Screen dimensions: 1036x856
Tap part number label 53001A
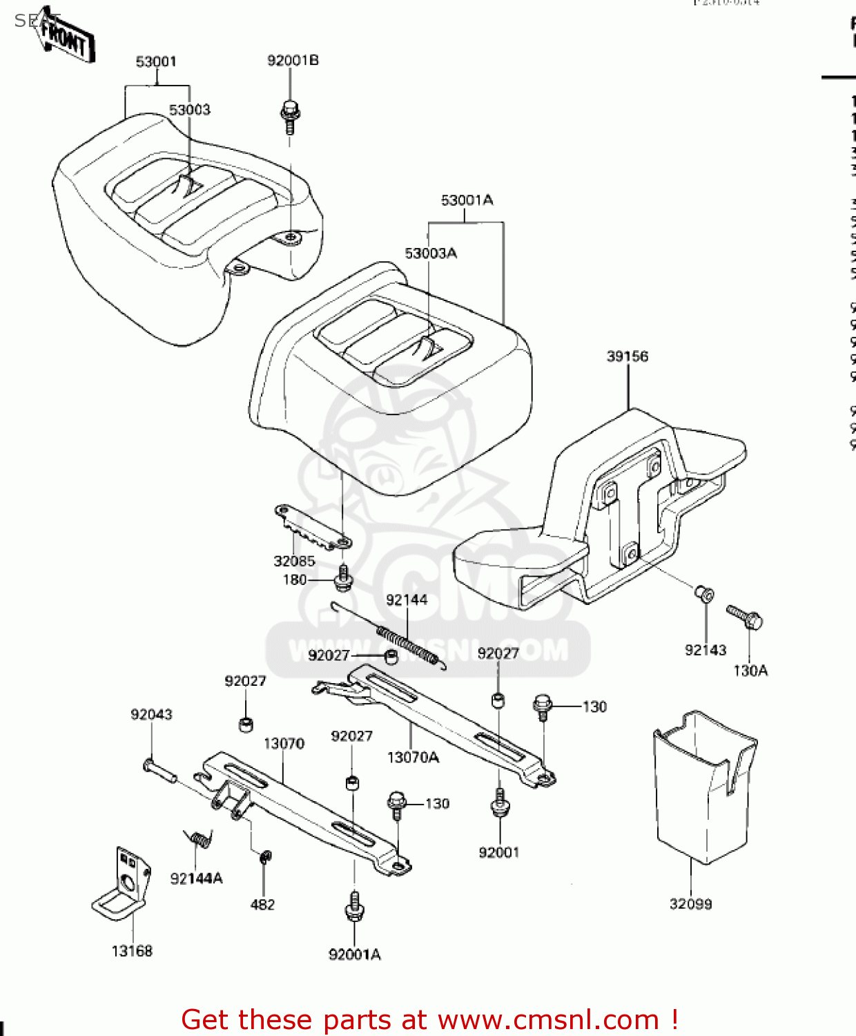(467, 200)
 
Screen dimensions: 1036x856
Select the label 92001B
(293, 61)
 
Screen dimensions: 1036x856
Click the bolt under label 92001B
(290, 117)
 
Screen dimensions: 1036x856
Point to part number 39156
(627, 356)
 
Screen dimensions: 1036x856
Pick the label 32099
(690, 904)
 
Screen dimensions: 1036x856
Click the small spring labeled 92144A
(200, 838)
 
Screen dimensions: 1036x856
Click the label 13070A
(413, 758)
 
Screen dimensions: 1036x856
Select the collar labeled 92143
(704, 593)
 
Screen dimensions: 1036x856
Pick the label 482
(262, 905)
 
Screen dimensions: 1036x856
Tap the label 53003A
(431, 253)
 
